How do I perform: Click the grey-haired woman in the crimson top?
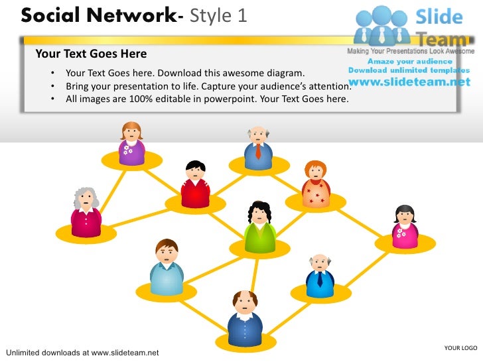(x=86, y=211)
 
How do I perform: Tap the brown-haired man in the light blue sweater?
(x=167, y=268)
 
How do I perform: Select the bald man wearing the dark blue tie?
(x=320, y=275)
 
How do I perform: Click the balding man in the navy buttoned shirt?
(x=245, y=319)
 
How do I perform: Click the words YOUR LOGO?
(x=460, y=348)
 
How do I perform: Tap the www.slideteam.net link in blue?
(x=409, y=82)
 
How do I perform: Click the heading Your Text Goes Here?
(x=91, y=54)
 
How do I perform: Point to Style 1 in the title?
(x=218, y=15)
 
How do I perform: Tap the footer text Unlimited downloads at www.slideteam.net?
(x=82, y=352)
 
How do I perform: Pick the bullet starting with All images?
(x=206, y=99)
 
